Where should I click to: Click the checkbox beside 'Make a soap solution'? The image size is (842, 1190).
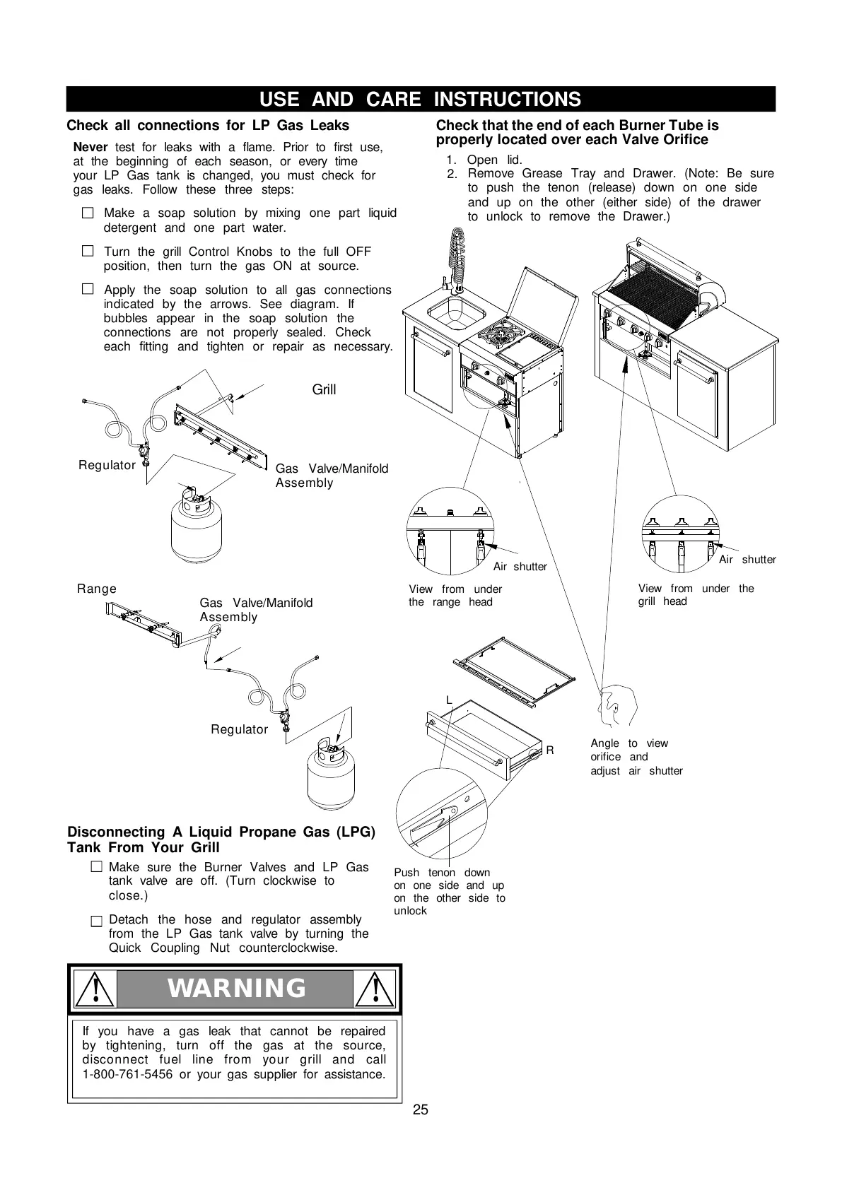88,213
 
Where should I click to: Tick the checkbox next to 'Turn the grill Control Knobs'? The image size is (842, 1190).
88,251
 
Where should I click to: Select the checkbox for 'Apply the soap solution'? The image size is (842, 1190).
88,289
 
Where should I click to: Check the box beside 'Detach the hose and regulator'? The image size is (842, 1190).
96,921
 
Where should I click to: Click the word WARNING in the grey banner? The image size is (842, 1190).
237,989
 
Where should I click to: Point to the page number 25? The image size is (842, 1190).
421,1109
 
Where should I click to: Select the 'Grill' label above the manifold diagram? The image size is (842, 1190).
324,389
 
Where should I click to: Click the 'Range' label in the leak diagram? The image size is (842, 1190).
97,589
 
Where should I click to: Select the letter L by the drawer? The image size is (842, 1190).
448,700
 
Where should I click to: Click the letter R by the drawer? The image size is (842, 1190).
550,750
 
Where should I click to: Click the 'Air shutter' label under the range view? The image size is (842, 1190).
520,567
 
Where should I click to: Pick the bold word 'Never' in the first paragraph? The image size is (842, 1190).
90,147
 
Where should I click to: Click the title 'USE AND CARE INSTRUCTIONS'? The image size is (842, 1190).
421,99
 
